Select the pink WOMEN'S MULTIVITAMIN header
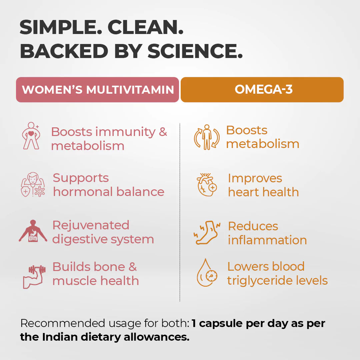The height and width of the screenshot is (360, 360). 98,90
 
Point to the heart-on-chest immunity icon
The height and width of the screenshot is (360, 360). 31,135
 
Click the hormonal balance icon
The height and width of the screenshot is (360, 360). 33,185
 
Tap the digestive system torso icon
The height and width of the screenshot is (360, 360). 33,231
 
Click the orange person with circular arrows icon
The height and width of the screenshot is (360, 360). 207,137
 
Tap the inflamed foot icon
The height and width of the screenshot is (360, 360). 207,232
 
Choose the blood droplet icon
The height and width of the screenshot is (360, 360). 207,273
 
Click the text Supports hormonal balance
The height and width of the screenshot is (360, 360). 108,185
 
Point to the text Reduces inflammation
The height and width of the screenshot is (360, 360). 267,233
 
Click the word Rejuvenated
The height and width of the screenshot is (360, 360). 91,225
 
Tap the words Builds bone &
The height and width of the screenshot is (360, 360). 95,267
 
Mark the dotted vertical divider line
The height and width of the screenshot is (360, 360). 180,213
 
